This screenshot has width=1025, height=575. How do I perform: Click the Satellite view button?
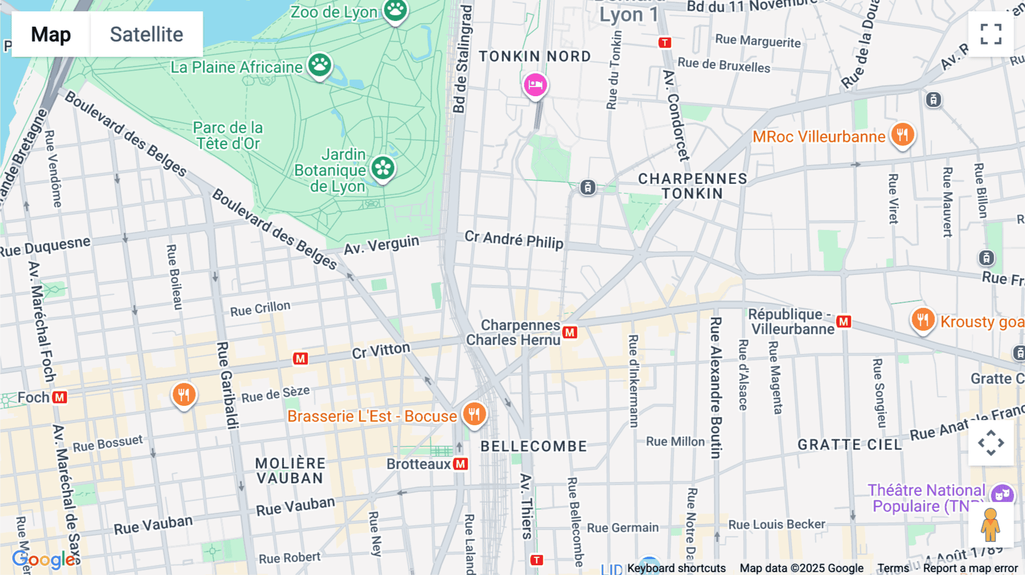tap(146, 34)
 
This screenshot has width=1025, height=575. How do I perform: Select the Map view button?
tap(51, 34)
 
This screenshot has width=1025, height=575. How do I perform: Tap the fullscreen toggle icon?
tap(991, 34)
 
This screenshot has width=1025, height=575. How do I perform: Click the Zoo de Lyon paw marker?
tap(395, 10)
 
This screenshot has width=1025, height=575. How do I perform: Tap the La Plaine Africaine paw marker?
tap(320, 65)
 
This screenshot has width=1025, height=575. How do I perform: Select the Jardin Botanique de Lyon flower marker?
tap(383, 169)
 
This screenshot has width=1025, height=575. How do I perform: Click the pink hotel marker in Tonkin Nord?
tap(535, 85)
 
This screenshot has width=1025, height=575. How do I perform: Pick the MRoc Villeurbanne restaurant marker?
tap(903, 135)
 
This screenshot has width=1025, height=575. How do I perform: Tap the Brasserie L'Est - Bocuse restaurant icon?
tap(474, 414)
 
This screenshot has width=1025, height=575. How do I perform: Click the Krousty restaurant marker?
tap(922, 320)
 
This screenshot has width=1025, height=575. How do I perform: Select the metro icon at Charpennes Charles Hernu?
tap(570, 332)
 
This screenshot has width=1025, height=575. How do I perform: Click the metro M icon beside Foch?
tap(60, 397)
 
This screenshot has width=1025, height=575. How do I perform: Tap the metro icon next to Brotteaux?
tap(461, 464)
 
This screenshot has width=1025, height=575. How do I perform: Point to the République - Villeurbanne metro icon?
tap(844, 322)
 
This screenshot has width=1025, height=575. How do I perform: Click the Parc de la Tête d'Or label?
tap(228, 135)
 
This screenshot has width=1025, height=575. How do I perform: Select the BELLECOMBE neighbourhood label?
tap(534, 446)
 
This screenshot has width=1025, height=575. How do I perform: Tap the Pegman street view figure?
tap(990, 524)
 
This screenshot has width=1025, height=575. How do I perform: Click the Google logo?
tap(43, 560)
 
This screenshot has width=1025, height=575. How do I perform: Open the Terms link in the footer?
tap(893, 568)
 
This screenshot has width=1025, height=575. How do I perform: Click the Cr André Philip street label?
tap(514, 240)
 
